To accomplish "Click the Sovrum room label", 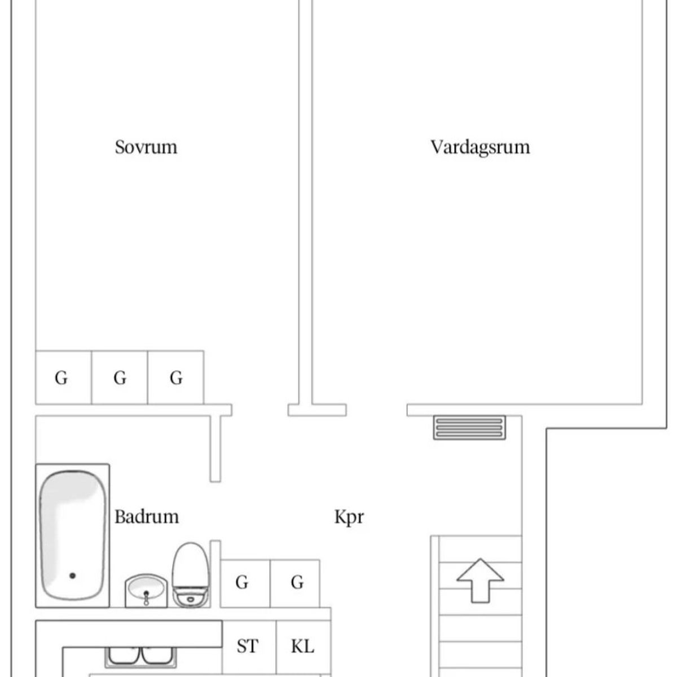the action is (146, 147).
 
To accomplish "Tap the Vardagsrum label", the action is (480, 148).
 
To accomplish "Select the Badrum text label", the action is (147, 517).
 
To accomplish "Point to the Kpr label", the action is (349, 517).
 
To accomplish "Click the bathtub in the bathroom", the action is (72, 535).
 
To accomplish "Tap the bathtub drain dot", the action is (72, 576).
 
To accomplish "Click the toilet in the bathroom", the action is (191, 575).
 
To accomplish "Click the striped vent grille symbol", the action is (469, 428).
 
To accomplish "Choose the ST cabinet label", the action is (247, 646).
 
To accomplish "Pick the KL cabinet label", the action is (302, 646).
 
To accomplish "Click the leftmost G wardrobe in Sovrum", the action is (63, 377).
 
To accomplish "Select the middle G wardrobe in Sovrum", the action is (120, 377).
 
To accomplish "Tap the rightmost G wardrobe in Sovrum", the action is (175, 377).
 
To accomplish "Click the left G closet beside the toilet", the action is (245, 583).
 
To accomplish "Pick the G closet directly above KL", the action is (294, 583).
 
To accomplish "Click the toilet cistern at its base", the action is (191, 597).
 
